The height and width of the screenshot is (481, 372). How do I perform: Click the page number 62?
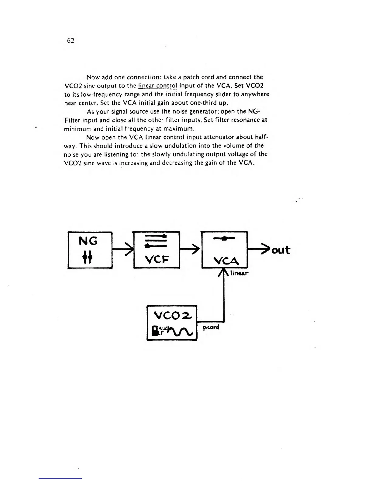70,41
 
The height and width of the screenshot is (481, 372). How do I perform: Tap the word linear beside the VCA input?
239,273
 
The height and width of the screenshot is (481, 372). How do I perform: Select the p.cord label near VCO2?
211,328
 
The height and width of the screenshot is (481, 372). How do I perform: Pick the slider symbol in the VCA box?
224,239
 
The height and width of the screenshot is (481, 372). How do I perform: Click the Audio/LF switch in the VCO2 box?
155,331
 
